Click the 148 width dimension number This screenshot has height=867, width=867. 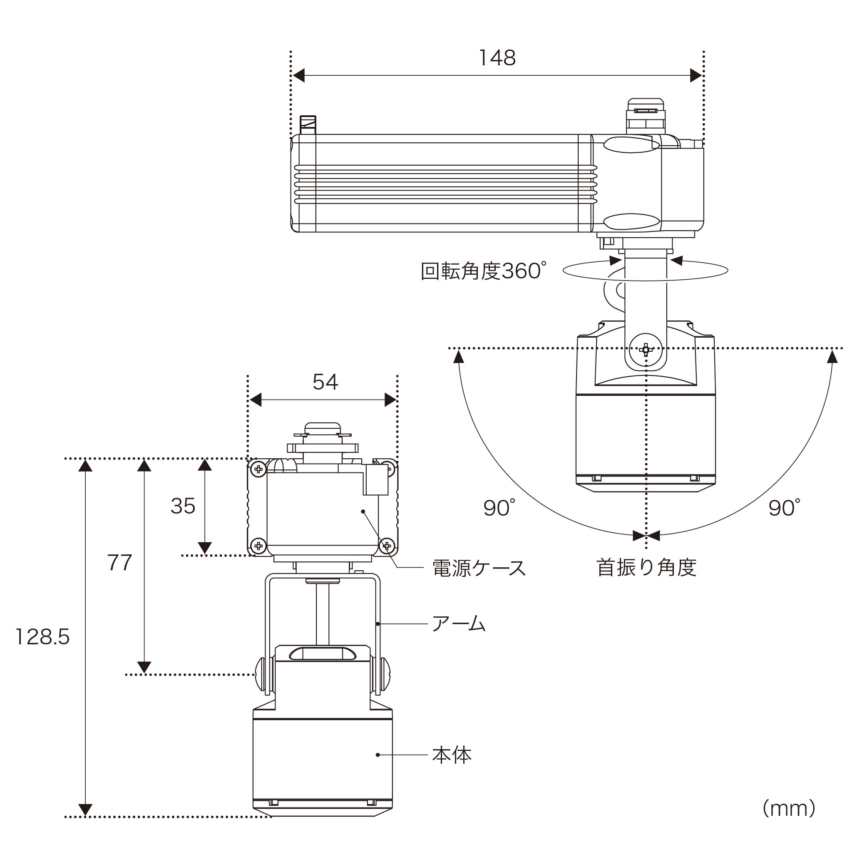point(497,58)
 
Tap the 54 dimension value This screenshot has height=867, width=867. point(325,382)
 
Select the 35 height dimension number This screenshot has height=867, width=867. point(183,506)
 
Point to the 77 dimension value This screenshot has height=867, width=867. point(119,563)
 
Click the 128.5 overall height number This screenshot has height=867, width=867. point(42,637)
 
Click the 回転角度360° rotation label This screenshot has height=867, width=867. point(484,271)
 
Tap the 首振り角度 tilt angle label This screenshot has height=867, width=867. point(646,568)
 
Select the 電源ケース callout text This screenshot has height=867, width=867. point(479,568)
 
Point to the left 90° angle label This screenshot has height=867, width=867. point(499,508)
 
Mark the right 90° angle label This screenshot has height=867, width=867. point(785,508)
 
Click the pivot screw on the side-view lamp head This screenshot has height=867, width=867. point(646,349)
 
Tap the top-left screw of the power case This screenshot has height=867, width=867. point(258,470)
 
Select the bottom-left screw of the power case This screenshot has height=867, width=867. point(258,546)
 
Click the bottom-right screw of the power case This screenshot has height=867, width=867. point(387,546)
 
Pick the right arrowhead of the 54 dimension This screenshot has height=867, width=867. point(390,400)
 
